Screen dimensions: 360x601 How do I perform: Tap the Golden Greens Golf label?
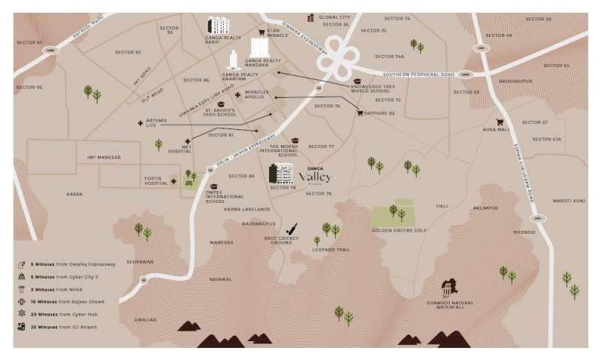point(399,230)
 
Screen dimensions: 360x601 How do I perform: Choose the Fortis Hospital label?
point(156,180)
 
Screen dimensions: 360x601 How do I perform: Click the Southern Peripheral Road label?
point(419,74)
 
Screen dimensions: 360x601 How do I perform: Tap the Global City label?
point(334,17)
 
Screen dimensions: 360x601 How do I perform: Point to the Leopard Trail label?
point(332,250)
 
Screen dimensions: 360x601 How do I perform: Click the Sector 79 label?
point(319,194)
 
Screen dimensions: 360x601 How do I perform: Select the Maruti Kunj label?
point(569,201)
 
